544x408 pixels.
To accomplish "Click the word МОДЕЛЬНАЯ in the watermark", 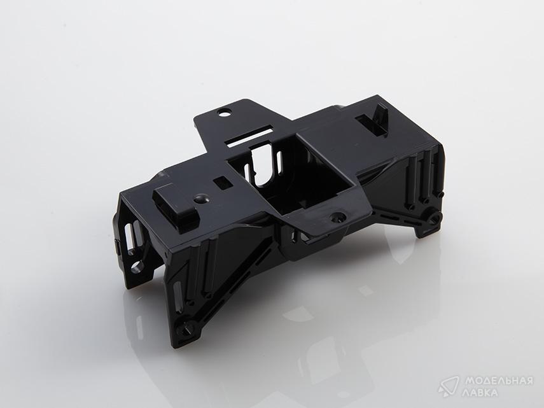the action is tap(499, 381).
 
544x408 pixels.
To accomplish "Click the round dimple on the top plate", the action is tap(201, 199).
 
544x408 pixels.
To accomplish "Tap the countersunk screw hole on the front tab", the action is tap(337, 218).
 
